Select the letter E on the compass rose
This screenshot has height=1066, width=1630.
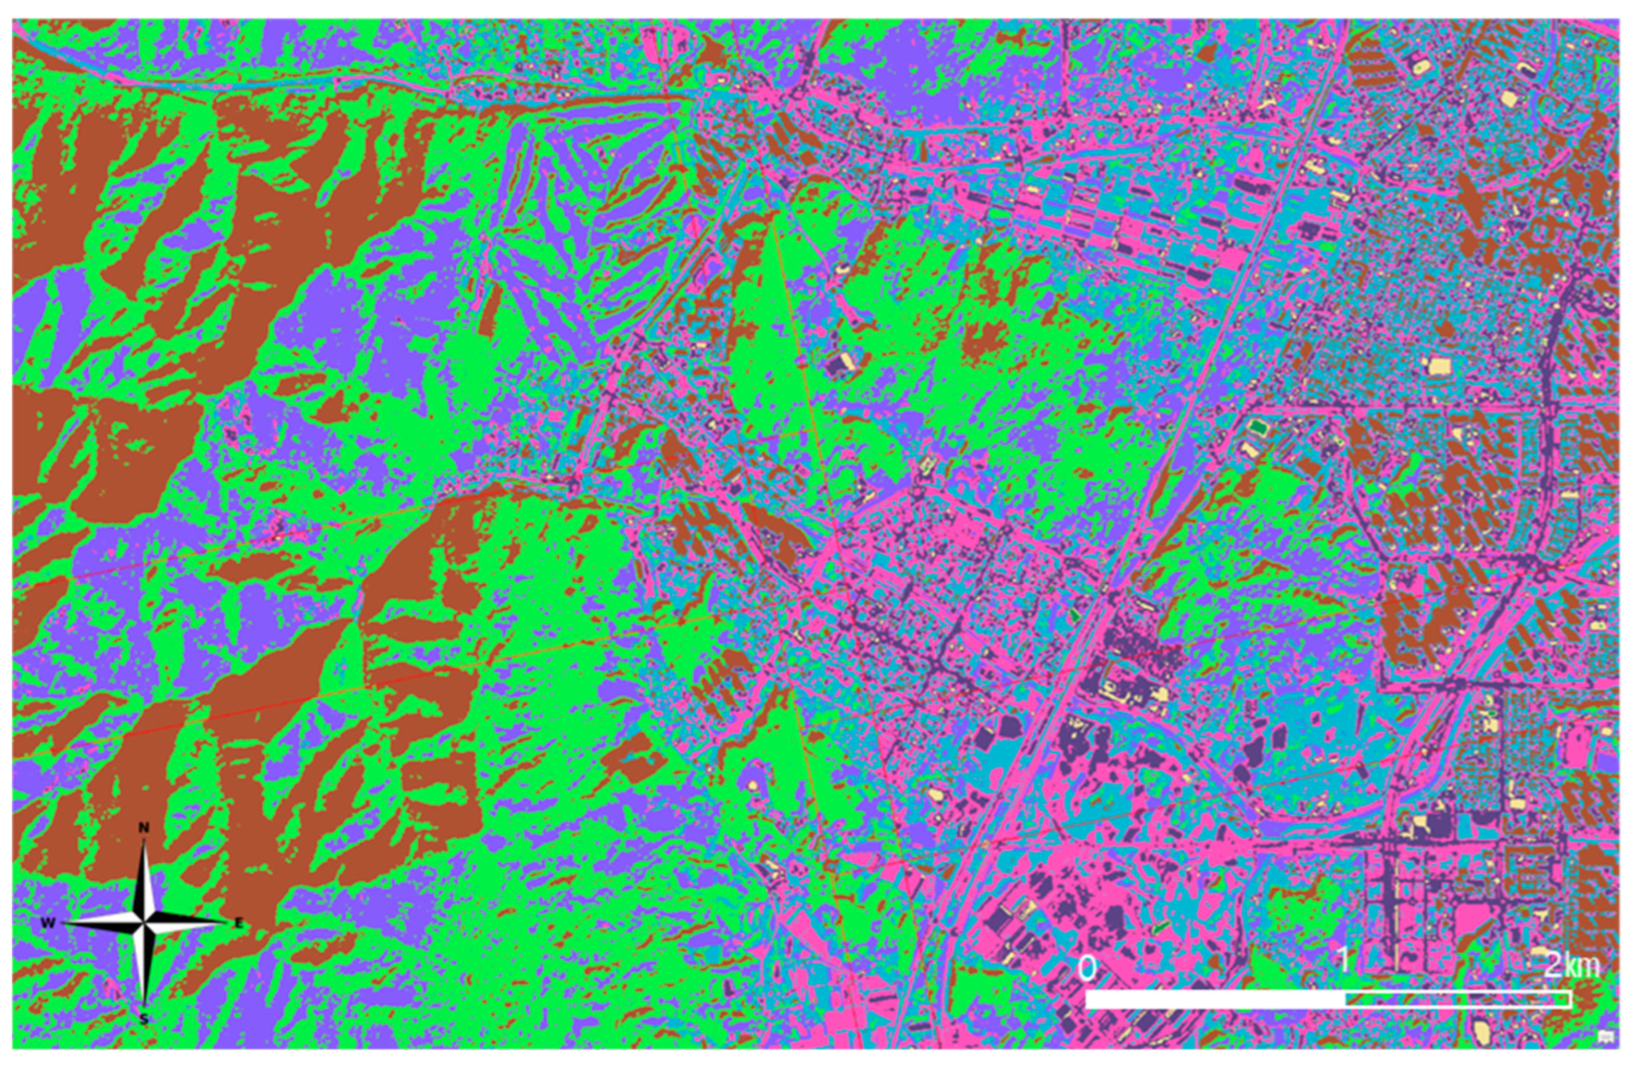click(x=239, y=924)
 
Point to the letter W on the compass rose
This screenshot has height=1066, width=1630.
click(x=47, y=923)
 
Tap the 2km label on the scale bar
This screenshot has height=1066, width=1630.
click(x=1572, y=966)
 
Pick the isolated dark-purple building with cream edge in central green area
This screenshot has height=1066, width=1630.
click(x=842, y=365)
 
